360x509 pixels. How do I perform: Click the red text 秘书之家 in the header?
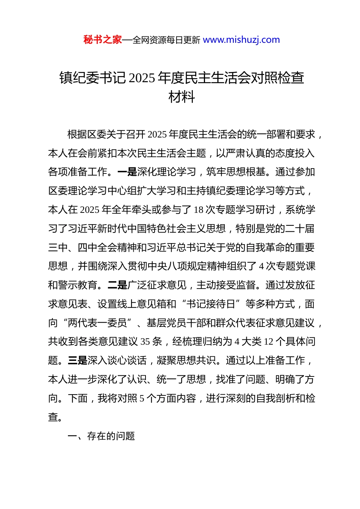point(103,40)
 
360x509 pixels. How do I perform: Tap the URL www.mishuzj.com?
point(241,40)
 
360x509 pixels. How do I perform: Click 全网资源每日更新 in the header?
point(166,40)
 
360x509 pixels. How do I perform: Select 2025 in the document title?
point(142,78)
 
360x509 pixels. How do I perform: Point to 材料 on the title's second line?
point(182,97)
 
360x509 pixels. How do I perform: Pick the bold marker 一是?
point(127,172)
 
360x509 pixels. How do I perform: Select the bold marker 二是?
point(117,285)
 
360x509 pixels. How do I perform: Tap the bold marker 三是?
point(78,361)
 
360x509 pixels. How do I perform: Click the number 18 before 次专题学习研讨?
point(199,210)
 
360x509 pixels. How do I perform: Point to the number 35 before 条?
point(145,342)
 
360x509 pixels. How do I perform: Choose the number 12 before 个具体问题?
point(268,342)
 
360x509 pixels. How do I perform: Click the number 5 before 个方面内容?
point(142,398)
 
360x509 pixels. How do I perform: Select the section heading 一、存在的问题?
point(101,436)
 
